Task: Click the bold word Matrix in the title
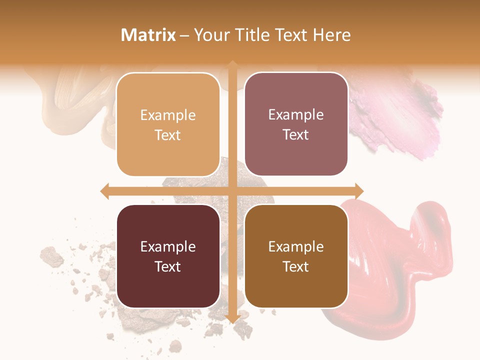(148, 35)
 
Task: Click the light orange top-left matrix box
(168, 124)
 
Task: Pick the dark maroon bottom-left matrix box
(168, 256)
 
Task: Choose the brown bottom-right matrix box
(296, 256)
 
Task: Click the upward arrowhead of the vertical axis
(232, 65)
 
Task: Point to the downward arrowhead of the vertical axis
(232, 318)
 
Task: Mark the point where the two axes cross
(232, 191)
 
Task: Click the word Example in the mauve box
(296, 114)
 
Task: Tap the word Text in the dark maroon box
(168, 266)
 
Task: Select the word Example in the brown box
(296, 246)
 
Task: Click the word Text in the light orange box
(168, 135)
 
